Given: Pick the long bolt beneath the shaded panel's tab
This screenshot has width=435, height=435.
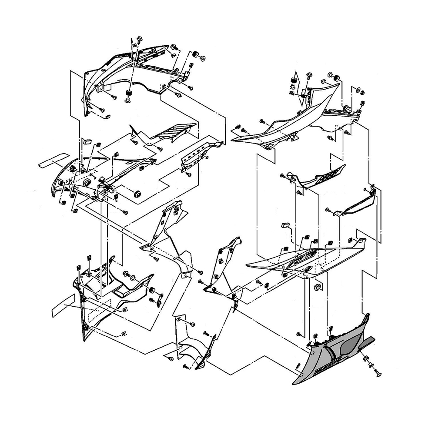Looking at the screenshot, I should pos(378,371).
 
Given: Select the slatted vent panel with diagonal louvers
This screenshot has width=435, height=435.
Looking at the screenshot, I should pos(176,131).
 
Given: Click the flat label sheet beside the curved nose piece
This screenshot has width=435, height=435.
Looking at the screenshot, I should pos(52,160).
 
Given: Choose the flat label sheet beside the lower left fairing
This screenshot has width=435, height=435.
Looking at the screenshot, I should pos(64,304).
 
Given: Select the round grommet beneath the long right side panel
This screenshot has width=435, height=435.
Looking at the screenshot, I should pos(317,287).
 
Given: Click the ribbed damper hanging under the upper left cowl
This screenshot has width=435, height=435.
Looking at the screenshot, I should pos(128,94).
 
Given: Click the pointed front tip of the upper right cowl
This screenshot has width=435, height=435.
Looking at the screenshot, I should pos(234,139).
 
